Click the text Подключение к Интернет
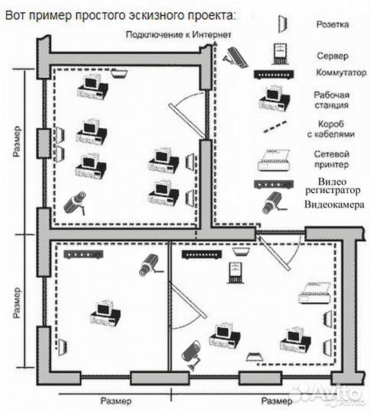tap(179, 34)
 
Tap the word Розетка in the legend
tap(333, 24)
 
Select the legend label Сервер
tap(333, 56)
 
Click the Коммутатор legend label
tap(341, 72)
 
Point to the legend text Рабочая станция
tap(332, 100)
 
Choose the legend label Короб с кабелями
tap(331, 129)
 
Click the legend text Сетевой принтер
tap(331, 159)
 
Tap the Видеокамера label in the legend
tap(334, 204)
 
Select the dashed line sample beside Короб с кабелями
tap(275, 127)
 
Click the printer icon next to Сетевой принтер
tap(274, 159)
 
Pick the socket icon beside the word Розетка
tap(283, 24)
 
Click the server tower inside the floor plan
tap(235, 273)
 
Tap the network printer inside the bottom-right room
tap(314, 293)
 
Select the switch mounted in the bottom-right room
tap(202, 254)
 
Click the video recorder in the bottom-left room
tap(83, 254)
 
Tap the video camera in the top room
tap(76, 203)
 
